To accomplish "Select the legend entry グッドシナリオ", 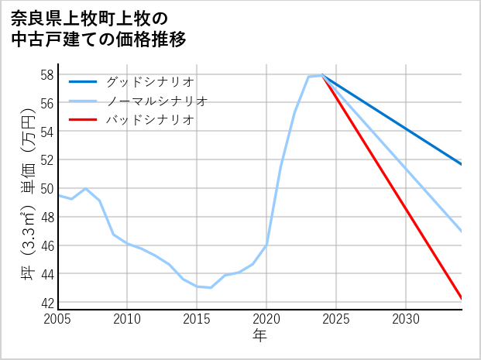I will pyautogui.click(x=149, y=81).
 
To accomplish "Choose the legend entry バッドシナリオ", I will pyautogui.click(x=149, y=120).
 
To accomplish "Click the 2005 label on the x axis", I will pyautogui.click(x=58, y=319).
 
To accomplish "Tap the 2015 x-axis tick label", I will pyautogui.click(x=197, y=319).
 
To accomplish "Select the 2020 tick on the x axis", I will pyautogui.click(x=266, y=319).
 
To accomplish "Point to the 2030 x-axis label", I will pyautogui.click(x=406, y=319).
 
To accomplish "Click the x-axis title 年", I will pyautogui.click(x=260, y=336).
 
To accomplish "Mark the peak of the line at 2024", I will pyautogui.click(x=322, y=75).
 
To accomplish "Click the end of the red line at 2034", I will pyautogui.click(x=461, y=298).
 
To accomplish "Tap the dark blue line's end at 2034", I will pyautogui.click(x=461, y=164).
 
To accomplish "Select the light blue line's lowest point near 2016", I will pyautogui.click(x=211, y=287).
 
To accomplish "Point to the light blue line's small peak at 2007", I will pyautogui.click(x=85, y=189).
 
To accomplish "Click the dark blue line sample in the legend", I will pyautogui.click(x=84, y=81).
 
